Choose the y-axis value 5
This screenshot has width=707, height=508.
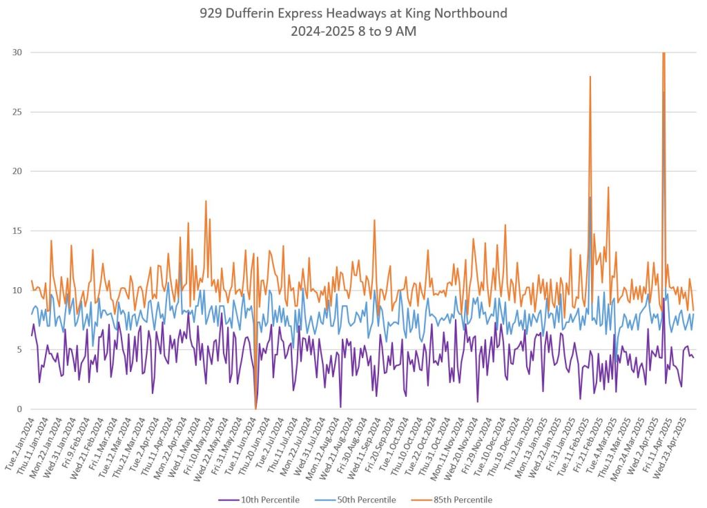18,350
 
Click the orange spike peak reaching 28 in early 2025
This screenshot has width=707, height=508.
590,77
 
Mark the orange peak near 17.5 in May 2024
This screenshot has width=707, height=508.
206,202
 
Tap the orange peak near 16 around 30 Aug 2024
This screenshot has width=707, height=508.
374,220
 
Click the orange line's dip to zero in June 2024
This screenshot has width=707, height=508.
255,409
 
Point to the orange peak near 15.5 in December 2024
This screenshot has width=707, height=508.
505,225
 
